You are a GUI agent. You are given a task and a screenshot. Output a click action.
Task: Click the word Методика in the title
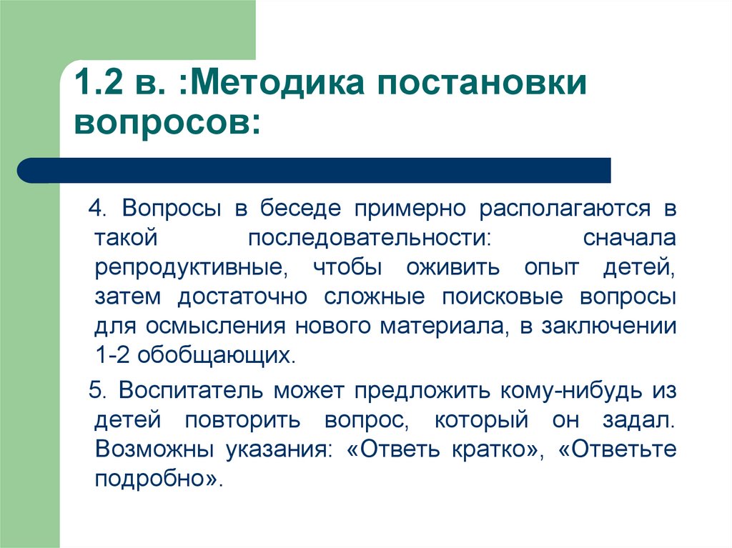[277, 83]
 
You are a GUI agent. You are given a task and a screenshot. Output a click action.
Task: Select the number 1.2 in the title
[99, 83]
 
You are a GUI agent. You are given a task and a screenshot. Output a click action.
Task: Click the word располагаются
[565, 209]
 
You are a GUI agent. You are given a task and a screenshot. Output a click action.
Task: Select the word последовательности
[370, 239]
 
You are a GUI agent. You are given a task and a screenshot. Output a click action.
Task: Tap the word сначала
[629, 238]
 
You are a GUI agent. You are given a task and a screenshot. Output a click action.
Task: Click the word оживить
[453, 268]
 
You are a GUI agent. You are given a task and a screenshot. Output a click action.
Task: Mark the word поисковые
[503, 297]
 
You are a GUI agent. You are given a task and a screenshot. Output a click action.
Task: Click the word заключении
[609, 327]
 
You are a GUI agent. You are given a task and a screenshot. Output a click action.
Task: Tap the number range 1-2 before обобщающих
[113, 355]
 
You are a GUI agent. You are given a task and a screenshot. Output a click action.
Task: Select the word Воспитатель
[191, 391]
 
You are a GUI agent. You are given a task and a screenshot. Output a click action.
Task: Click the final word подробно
[157, 479]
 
